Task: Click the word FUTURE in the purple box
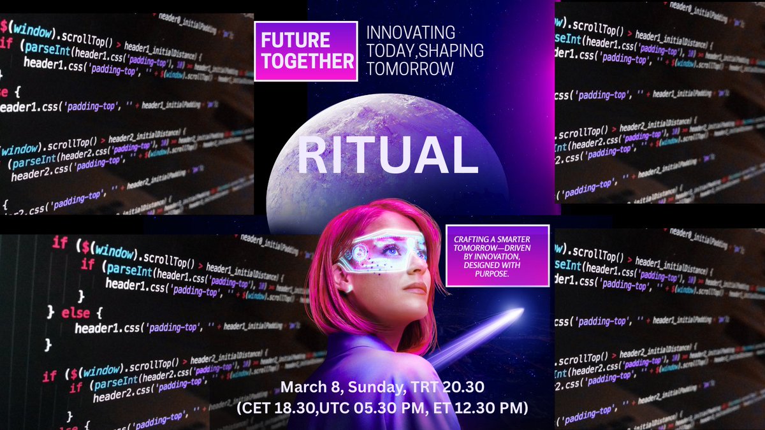coord(295,39)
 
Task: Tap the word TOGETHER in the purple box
coord(305,61)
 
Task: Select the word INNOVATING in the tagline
coord(410,32)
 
